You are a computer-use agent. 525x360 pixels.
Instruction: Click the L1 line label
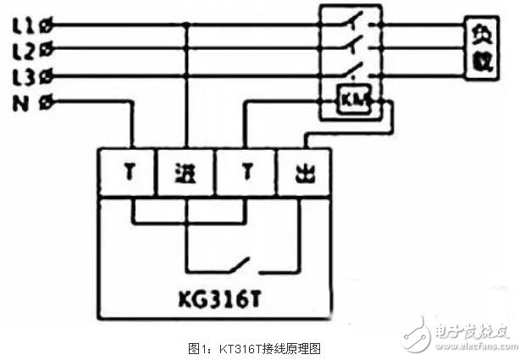24,25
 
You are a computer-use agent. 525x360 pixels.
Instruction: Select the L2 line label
24,51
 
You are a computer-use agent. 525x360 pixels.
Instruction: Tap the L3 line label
24,77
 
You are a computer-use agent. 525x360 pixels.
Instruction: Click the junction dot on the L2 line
186,51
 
